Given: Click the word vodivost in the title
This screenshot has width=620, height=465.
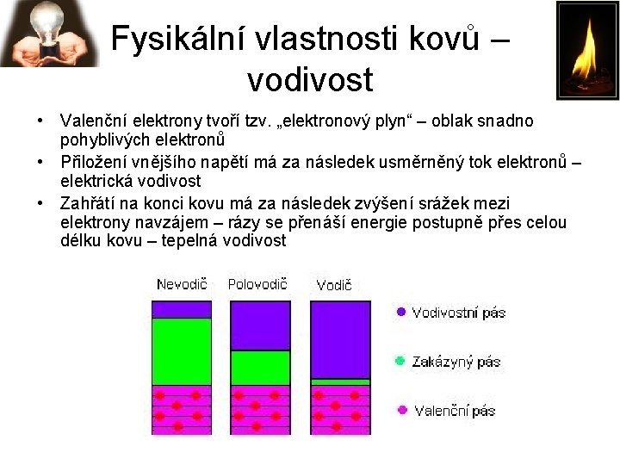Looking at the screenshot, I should click(x=309, y=80).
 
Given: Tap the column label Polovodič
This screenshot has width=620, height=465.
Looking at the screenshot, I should click(x=257, y=283).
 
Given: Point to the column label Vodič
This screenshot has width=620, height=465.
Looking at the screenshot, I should click(x=333, y=285).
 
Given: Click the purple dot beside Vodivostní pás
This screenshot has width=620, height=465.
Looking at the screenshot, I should click(x=400, y=313).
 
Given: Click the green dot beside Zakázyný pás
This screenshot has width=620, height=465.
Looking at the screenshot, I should click(x=400, y=362).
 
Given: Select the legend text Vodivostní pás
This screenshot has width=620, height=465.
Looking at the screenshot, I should click(x=458, y=313).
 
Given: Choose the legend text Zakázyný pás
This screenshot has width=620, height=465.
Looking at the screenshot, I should click(x=456, y=363).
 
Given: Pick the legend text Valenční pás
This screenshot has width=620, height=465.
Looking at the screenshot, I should click(x=455, y=412).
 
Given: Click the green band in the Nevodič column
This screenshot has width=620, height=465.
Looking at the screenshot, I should click(x=182, y=351).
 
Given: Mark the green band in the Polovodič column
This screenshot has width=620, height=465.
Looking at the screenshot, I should click(x=260, y=367).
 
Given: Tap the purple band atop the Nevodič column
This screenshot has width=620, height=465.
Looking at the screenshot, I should click(x=182, y=309).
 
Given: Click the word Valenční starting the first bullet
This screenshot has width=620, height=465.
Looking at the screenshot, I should click(x=93, y=121).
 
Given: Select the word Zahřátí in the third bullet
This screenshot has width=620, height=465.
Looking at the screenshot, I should click(x=85, y=203).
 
